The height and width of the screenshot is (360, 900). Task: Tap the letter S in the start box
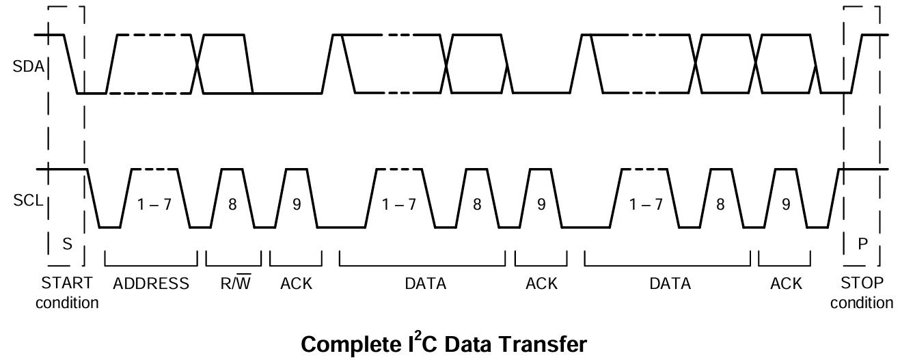67,245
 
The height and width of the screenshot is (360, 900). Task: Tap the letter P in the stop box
861,245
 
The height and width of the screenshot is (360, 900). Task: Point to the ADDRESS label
151,284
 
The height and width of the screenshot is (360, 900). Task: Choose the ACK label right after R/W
296,284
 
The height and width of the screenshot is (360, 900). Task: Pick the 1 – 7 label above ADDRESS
154,205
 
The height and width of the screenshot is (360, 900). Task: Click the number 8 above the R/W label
232,205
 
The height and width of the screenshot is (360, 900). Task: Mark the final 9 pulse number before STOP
785,205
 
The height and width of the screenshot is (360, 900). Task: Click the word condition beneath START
67,303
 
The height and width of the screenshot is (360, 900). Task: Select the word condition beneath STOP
861,303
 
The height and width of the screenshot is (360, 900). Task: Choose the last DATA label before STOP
670,284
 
